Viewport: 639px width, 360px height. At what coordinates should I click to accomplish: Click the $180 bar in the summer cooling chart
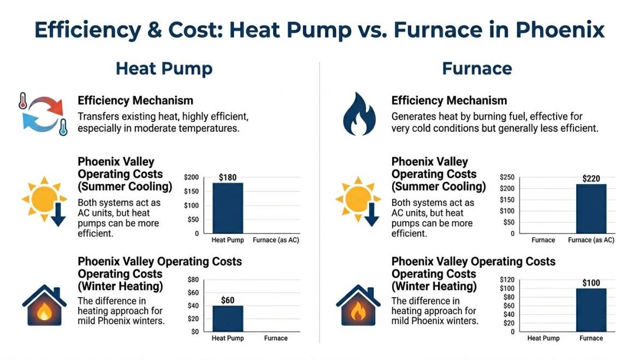coord(228,208)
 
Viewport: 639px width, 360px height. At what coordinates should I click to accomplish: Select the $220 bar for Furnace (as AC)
coord(591,209)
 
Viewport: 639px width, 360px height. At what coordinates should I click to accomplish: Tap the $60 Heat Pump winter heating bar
coord(228,318)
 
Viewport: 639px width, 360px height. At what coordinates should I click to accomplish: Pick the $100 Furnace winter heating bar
coord(591,310)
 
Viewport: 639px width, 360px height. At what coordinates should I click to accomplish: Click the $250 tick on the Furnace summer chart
coord(507,177)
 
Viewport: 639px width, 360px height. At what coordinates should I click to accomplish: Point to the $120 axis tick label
coord(507,280)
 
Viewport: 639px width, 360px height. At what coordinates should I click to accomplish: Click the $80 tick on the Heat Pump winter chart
coord(193,280)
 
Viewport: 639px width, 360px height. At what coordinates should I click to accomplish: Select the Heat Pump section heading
coord(164,69)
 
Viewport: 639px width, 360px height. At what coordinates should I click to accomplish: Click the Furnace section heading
coord(477,69)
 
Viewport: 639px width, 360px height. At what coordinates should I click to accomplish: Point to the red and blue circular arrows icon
coord(43,114)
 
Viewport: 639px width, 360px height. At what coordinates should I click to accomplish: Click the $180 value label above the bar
coord(228,178)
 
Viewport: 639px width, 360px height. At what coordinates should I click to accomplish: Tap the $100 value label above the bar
coord(591,283)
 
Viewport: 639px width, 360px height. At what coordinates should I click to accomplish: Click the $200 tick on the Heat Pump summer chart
coord(192,177)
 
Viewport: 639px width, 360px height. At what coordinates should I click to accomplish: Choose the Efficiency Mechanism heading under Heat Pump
coord(135,101)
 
